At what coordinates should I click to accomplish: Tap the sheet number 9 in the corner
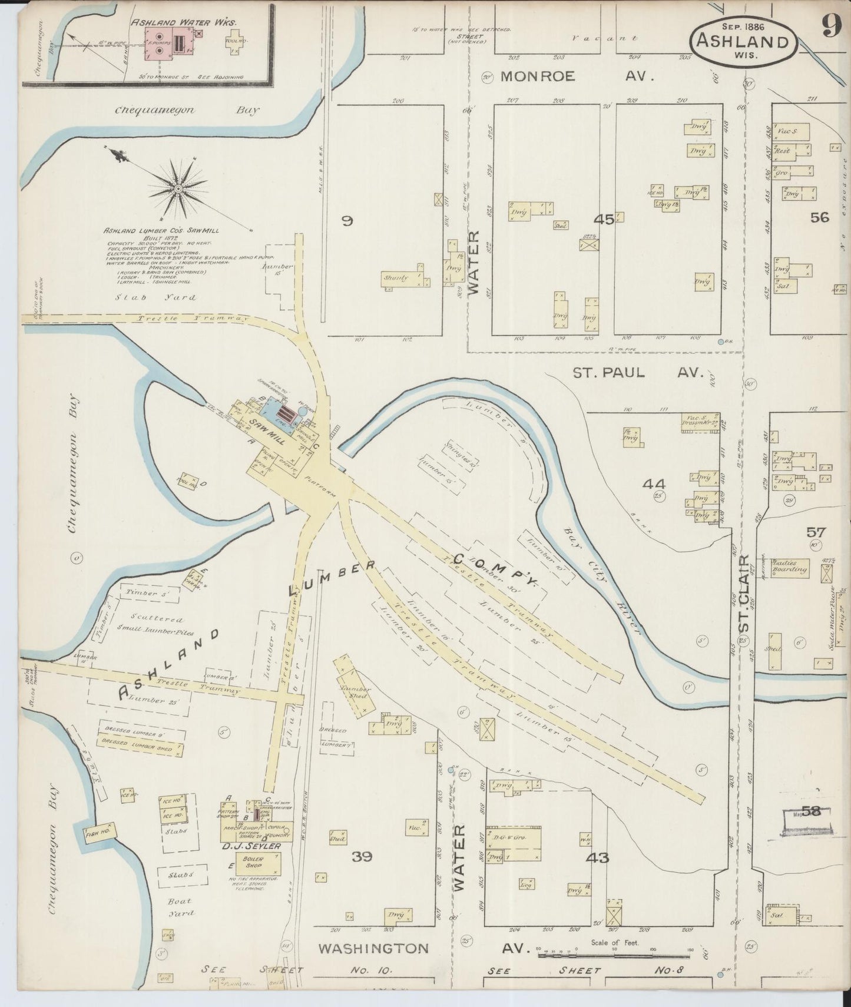pos(832,25)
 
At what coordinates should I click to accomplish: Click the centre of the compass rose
pos(177,188)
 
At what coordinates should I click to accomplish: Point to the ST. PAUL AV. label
pos(638,373)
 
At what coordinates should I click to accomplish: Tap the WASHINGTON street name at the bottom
pos(373,949)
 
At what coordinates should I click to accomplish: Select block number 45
pos(604,219)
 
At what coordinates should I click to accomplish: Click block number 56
pos(819,217)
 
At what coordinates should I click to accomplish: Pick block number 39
pos(362,857)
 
